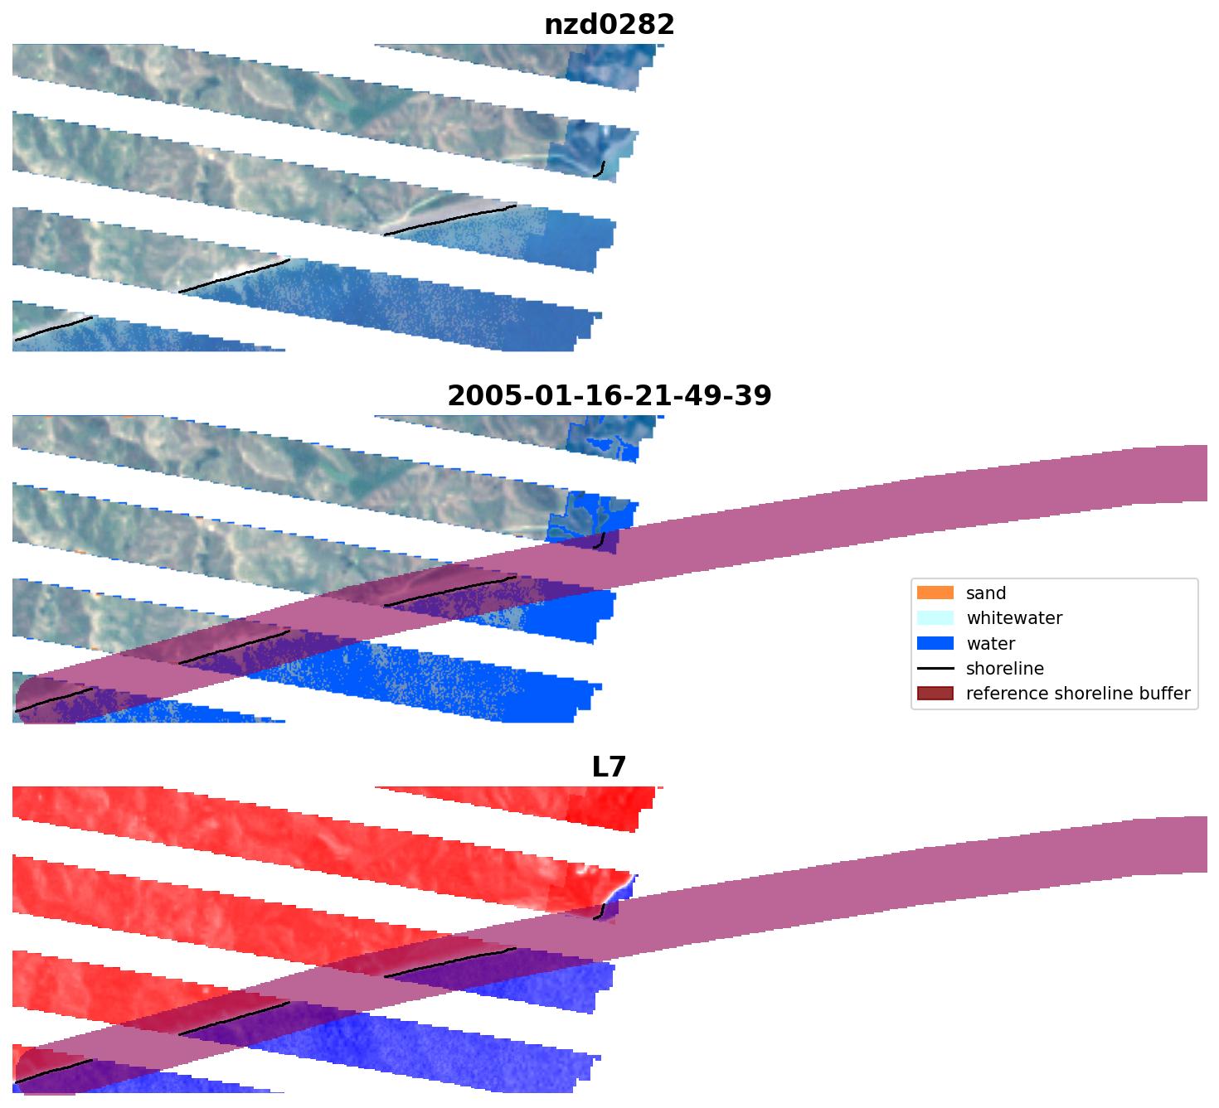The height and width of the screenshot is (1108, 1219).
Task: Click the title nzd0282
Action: click(609, 25)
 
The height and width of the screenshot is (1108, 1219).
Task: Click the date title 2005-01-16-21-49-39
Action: click(609, 396)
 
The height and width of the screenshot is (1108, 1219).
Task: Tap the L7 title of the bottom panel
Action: click(609, 767)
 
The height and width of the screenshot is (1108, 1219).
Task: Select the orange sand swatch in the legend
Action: click(935, 593)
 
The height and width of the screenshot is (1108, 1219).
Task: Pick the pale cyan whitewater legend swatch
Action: click(935, 618)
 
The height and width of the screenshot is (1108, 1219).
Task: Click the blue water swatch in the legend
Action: click(935, 644)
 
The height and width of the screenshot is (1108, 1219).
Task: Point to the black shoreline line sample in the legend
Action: click(935, 669)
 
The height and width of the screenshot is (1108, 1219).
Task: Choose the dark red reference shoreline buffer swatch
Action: click(935, 694)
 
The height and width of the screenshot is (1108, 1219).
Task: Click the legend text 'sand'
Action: click(986, 593)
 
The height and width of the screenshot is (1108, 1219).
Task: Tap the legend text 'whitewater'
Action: click(1014, 618)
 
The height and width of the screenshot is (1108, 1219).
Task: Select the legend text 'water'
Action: click(990, 644)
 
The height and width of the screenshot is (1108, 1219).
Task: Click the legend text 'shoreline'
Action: click(1004, 669)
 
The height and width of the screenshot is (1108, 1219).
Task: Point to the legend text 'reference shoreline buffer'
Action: click(1078, 694)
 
